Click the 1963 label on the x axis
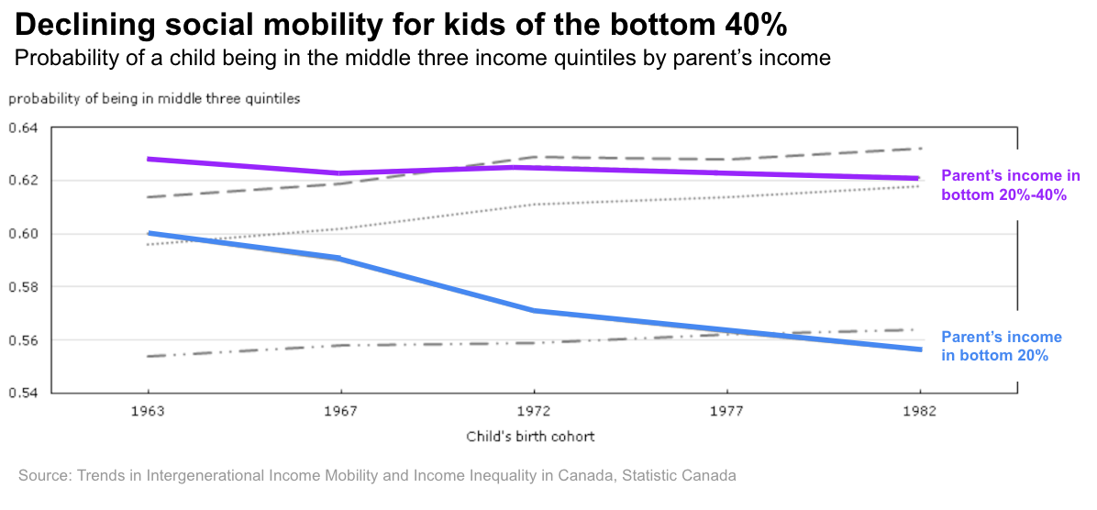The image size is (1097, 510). pyautogui.click(x=148, y=412)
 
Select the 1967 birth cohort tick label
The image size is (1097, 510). pyautogui.click(x=341, y=412)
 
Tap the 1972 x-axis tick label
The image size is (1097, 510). pyautogui.click(x=534, y=412)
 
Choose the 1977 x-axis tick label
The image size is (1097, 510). pyautogui.click(x=726, y=412)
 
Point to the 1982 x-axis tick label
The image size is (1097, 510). pyautogui.click(x=919, y=412)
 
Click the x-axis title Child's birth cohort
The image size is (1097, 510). pyautogui.click(x=530, y=437)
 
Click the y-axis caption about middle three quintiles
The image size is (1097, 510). pyautogui.click(x=154, y=98)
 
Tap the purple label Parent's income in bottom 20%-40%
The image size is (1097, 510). pyautogui.click(x=1010, y=185)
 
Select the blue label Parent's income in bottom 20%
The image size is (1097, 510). pyautogui.click(x=1001, y=346)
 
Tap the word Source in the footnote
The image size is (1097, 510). pyautogui.click(x=43, y=476)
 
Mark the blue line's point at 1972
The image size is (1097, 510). pyautogui.click(x=534, y=311)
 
